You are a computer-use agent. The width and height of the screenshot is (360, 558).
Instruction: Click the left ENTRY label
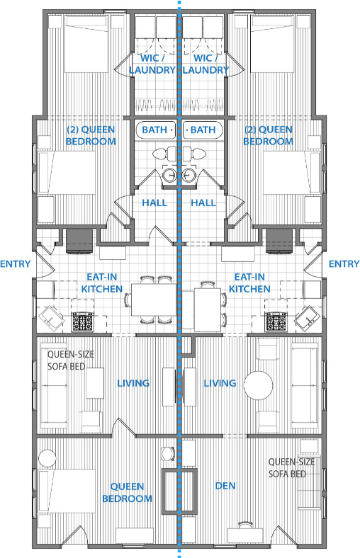(16, 263)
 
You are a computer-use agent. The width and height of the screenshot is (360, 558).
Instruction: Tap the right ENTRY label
(344, 263)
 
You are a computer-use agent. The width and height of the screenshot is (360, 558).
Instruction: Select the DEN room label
(225, 486)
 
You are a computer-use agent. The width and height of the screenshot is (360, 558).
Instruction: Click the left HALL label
(154, 203)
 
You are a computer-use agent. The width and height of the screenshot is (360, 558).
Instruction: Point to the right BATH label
(203, 130)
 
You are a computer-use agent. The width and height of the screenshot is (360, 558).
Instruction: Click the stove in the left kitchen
(83, 321)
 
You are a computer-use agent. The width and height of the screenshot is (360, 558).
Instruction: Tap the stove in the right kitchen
(276, 321)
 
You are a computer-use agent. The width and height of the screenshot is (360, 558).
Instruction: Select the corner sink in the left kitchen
(51, 318)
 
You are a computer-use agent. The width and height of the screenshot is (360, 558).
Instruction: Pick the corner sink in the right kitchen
(307, 318)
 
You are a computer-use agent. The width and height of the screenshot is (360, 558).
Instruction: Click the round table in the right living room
(258, 385)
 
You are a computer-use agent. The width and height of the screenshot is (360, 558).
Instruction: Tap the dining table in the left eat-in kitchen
(154, 300)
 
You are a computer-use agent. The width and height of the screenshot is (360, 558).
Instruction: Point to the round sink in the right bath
(188, 175)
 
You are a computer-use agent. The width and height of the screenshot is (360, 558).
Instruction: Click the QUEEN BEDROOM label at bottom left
(127, 493)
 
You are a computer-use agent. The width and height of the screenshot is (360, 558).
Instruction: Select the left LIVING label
(133, 383)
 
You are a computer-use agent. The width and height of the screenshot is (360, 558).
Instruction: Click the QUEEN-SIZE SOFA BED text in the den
(292, 468)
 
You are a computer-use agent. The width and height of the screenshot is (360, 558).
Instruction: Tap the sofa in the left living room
(54, 385)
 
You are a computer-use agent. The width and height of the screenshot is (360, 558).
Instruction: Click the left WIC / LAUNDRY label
(152, 64)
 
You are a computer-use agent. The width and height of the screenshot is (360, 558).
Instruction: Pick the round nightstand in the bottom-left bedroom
(47, 458)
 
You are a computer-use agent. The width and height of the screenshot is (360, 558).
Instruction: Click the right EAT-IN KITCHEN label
(249, 283)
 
